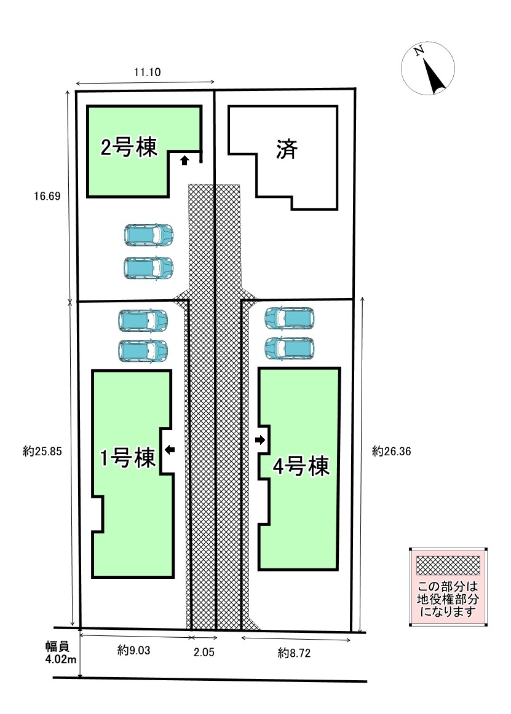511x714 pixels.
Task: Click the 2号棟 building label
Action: coord(129,147)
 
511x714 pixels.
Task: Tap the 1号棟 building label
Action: coord(128,458)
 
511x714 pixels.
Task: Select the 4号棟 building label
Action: coord(301,467)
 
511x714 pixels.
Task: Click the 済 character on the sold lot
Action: coord(287,149)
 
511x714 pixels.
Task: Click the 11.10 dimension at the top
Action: coord(147,72)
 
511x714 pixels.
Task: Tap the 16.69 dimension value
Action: coord(47,196)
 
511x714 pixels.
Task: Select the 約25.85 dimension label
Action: coord(42,451)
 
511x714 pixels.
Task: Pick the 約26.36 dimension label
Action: coord(391,451)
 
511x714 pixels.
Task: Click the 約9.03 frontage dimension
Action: coord(133,651)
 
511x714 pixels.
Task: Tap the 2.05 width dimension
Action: coord(204,652)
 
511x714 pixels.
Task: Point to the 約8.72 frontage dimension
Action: coord(294,653)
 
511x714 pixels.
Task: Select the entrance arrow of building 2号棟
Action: coord(184,160)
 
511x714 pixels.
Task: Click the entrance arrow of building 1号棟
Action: coord(170,450)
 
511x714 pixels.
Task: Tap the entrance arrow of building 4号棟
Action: coord(260,440)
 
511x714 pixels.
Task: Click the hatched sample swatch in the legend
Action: coord(448,565)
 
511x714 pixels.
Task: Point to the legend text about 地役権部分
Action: coord(448,599)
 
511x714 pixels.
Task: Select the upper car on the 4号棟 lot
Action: coord(290,318)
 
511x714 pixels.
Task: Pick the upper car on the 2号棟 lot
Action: coord(149,235)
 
